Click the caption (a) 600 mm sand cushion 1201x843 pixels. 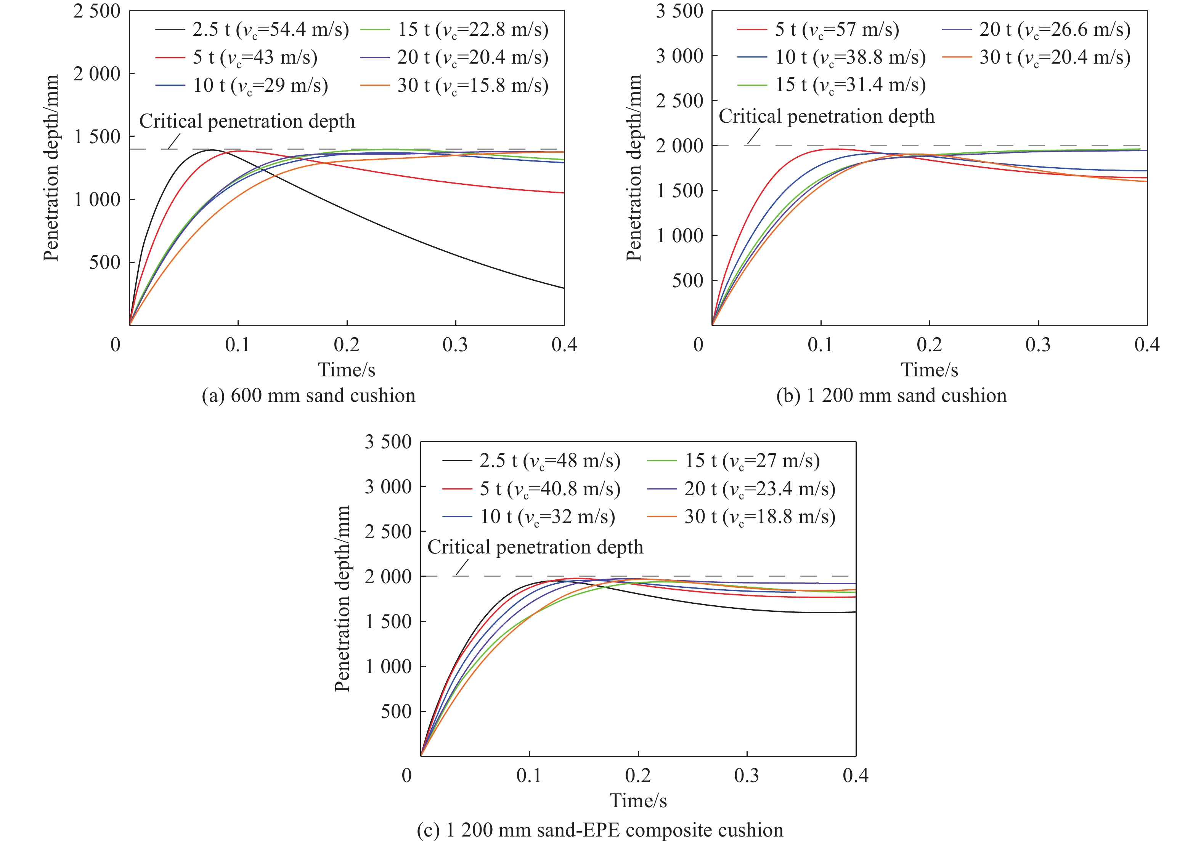coord(308,396)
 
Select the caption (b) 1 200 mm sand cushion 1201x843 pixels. coord(891,396)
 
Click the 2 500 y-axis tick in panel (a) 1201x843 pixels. coord(97,11)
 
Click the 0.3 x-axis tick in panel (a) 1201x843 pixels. coord(455,345)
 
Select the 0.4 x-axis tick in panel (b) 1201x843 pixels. coord(1146,345)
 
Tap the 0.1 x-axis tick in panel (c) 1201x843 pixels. coord(529,776)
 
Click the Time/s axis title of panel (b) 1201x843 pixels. coord(930,370)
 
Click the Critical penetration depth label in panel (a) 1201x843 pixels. coord(247,121)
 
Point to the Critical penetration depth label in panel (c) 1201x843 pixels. coord(535,547)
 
